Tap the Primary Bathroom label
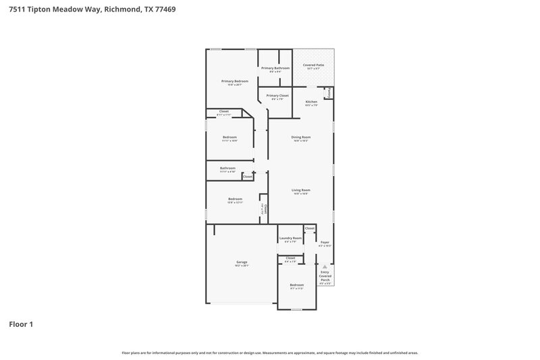click(275, 68)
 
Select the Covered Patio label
click(314, 65)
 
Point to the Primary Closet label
click(277, 96)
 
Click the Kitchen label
click(310, 102)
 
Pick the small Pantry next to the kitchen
click(329, 93)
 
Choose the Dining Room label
click(300, 137)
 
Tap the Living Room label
click(300, 190)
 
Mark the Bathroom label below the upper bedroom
click(227, 168)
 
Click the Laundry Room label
click(290, 238)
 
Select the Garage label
click(242, 262)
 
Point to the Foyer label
click(325, 242)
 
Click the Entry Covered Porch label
click(325, 276)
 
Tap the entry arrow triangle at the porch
click(325, 266)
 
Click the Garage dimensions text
click(242, 265)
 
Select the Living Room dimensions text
click(300, 194)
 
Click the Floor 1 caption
click(21, 324)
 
